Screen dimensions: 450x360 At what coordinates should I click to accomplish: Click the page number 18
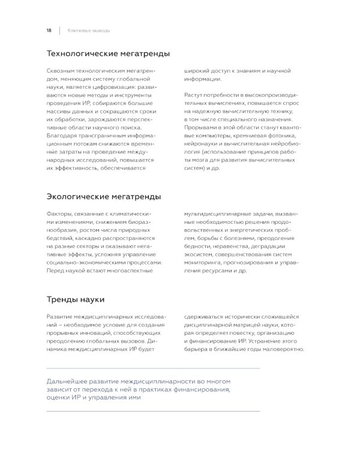49,30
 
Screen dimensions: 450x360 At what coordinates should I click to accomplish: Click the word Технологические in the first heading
82,54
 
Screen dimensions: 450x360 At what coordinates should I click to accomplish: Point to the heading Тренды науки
76,299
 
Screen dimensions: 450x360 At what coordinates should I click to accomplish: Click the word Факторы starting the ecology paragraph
59,214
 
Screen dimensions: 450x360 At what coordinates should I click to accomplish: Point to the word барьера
197,349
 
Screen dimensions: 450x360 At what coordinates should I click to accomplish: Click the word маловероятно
283,349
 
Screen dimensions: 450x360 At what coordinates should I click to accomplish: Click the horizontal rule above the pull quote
153,368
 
